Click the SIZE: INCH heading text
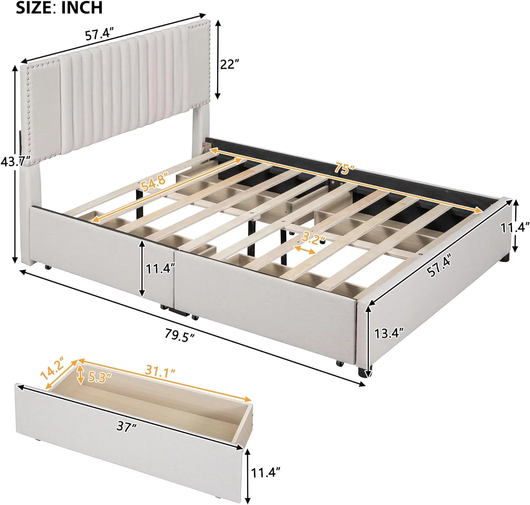pyautogui.click(x=59, y=8)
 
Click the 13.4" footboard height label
pyautogui.click(x=389, y=332)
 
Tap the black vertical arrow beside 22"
pyautogui.click(x=218, y=59)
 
